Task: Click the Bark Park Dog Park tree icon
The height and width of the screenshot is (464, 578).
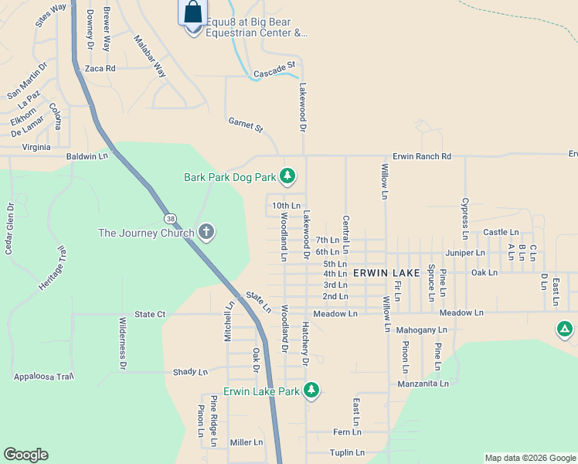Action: click(x=287, y=177)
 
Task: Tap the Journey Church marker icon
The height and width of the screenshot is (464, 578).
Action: click(x=206, y=232)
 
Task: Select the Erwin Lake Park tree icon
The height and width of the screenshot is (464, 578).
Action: click(x=311, y=391)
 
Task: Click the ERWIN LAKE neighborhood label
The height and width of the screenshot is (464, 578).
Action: click(x=386, y=273)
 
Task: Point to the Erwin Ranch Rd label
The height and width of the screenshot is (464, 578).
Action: click(x=421, y=156)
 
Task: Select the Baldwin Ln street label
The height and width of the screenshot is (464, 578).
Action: click(x=87, y=156)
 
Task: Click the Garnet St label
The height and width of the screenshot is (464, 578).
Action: click(x=246, y=124)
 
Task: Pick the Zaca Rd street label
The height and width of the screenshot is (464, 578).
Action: click(x=100, y=68)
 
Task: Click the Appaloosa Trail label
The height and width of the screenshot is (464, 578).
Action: click(x=43, y=377)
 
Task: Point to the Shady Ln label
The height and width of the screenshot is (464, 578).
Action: click(x=191, y=372)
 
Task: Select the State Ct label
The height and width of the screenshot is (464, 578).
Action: click(x=150, y=314)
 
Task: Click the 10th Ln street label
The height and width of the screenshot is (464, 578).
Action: click(x=286, y=206)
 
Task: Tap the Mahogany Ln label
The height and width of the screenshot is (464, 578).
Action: click(x=422, y=330)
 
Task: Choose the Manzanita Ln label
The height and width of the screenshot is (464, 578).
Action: click(x=423, y=384)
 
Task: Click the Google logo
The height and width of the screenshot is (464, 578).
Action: click(x=25, y=455)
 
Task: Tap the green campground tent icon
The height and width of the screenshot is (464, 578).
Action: click(x=565, y=329)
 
